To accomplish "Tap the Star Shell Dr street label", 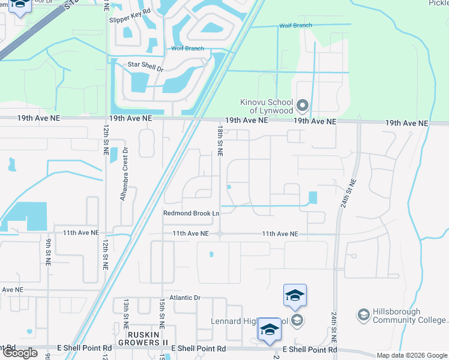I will point(145,67).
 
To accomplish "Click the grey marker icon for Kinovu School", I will point(303,107).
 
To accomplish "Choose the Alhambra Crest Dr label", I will point(125,174).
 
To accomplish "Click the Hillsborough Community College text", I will point(410,316).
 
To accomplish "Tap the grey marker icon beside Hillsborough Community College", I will point(363,314).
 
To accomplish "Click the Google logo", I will point(20,353).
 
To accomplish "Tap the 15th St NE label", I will point(161,313).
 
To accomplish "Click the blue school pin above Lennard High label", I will point(295,295).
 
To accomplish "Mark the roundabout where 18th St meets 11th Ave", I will point(220,234).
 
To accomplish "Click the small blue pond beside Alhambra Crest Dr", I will point(113,155).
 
